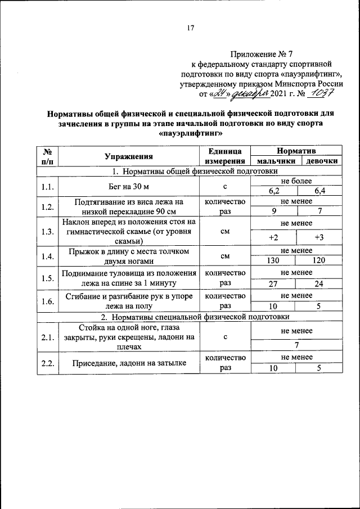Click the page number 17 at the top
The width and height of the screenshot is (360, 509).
click(190, 28)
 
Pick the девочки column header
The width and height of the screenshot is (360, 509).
click(322, 161)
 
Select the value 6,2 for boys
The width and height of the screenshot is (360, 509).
click(274, 191)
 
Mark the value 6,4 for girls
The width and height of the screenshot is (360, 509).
click(320, 191)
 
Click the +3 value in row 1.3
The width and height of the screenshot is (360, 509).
click(319, 237)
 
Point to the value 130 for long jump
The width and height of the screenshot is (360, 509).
click(274, 261)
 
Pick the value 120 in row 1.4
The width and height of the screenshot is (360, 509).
click(319, 261)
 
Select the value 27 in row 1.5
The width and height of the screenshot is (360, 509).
click(274, 283)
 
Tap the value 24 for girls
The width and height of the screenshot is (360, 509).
click(319, 283)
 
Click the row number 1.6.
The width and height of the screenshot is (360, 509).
click(47, 301)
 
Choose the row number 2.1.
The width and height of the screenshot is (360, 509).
click(47, 337)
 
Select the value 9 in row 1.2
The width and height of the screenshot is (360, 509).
click(274, 211)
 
